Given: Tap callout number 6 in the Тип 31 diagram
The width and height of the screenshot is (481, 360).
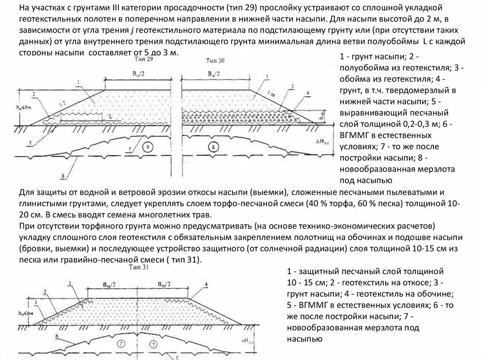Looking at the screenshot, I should point(57,336).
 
